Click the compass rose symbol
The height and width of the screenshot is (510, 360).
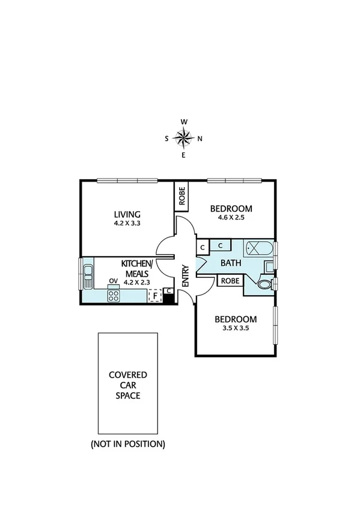pyautogui.click(x=183, y=138)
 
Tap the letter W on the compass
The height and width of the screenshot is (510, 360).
pyautogui.click(x=184, y=122)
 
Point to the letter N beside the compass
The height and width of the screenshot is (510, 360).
pyautogui.click(x=200, y=138)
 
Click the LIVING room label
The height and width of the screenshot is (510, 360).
pyautogui.click(x=127, y=214)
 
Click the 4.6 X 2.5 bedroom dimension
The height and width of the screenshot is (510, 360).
pyautogui.click(x=231, y=219)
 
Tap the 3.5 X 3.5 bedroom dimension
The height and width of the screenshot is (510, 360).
pyautogui.click(x=235, y=329)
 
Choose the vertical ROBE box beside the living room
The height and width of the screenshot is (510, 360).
pyautogui.click(x=182, y=195)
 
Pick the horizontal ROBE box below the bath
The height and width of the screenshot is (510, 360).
pyautogui.click(x=230, y=280)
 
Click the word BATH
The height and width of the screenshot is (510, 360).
pyautogui.click(x=230, y=263)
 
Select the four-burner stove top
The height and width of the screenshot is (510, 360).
pyautogui.click(x=114, y=295)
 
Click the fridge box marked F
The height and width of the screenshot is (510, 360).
pyautogui.click(x=155, y=295)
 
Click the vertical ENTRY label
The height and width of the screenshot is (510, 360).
pyautogui.click(x=185, y=275)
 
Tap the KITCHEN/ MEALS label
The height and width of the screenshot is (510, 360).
pyautogui.click(x=137, y=269)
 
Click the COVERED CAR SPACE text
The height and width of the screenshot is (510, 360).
pyautogui.click(x=127, y=385)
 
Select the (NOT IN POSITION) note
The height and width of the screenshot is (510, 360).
pyautogui.click(x=127, y=444)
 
